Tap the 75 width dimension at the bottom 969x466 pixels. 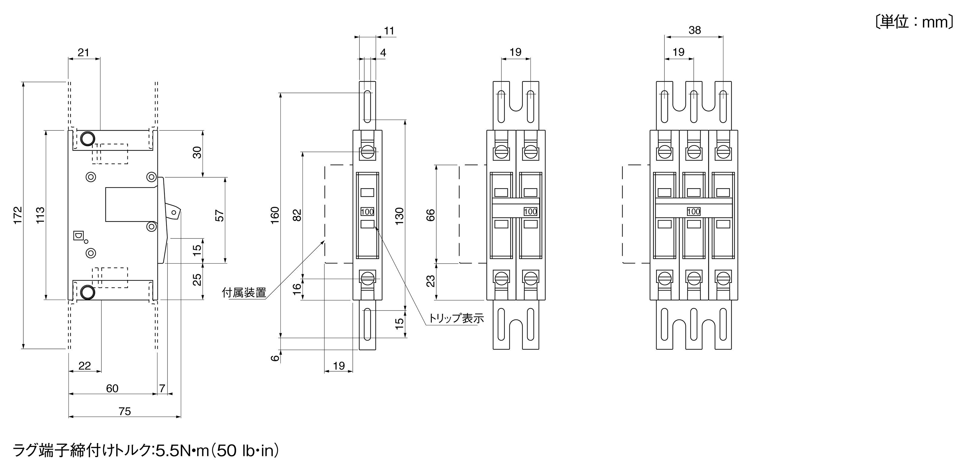point(124,412)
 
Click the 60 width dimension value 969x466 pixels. point(112,388)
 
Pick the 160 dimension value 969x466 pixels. point(275,215)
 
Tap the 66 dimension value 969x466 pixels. point(430,215)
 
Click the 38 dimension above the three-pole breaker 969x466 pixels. point(694,30)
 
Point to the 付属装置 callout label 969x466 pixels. point(244,292)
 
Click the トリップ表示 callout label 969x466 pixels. point(456,318)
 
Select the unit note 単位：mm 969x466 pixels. point(914,22)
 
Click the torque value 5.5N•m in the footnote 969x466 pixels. point(182,450)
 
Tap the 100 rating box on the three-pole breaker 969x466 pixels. point(694,212)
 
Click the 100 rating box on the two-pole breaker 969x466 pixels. point(531,212)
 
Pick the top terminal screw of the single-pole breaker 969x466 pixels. point(368,153)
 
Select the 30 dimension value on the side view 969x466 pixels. point(197,152)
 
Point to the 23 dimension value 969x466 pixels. point(430,281)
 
